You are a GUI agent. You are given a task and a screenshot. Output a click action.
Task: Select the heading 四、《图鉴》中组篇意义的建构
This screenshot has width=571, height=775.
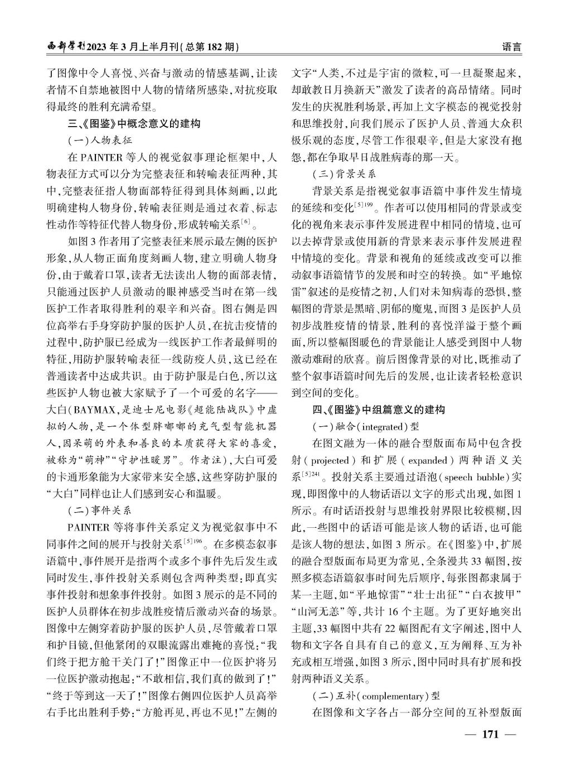379,410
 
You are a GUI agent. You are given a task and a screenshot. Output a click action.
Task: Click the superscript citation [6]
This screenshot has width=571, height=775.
245,222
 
